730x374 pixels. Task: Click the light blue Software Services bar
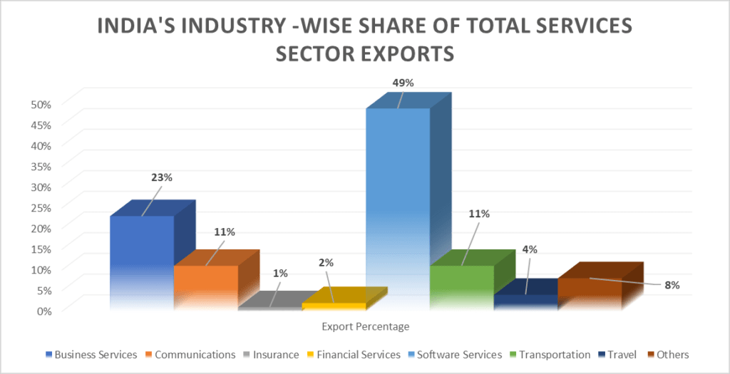coord(397,207)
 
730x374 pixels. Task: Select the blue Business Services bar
coord(141,260)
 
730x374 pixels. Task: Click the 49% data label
coord(403,83)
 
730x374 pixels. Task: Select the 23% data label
coord(161,177)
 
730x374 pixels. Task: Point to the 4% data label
coord(529,249)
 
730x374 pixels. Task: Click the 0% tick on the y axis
coord(44,311)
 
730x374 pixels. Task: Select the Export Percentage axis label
coord(365,327)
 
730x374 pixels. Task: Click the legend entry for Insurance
coord(273,354)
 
